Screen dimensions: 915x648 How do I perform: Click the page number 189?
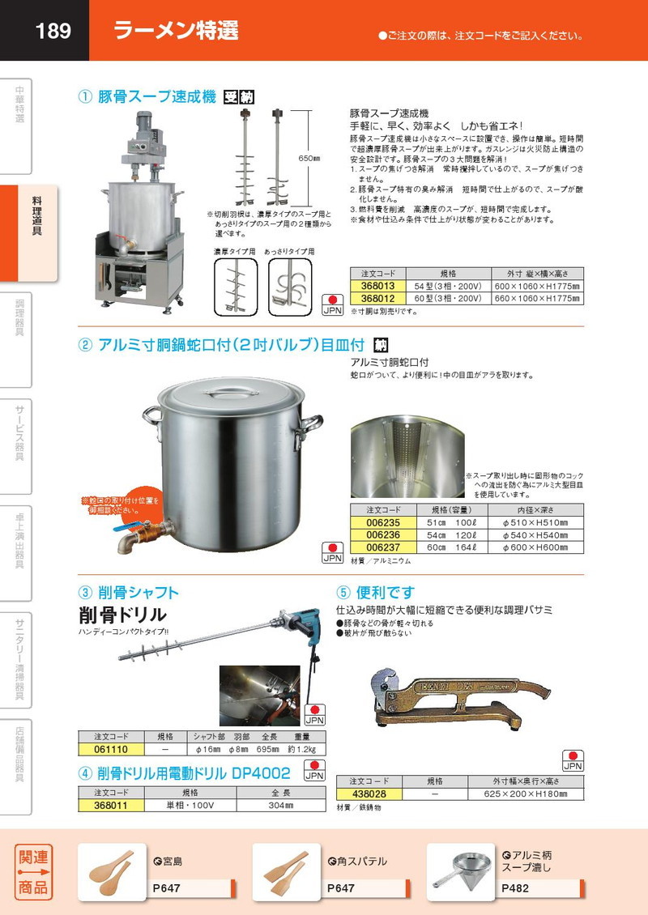pyautogui.click(x=53, y=31)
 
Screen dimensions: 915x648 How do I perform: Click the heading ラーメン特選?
pyautogui.click(x=176, y=31)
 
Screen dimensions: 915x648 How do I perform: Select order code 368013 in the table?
pyautogui.click(x=377, y=286)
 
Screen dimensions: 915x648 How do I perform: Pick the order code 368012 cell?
pyautogui.click(x=377, y=298)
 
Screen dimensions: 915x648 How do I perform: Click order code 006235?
pyautogui.click(x=383, y=523)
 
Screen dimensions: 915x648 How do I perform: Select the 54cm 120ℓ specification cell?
pyautogui.click(x=450, y=535)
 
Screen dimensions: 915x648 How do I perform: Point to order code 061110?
pyautogui.click(x=112, y=749)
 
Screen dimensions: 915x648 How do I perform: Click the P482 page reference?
pyautogui.click(x=515, y=888)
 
